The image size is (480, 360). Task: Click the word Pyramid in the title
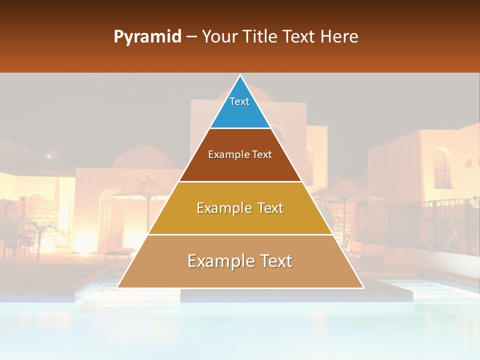pos(147,37)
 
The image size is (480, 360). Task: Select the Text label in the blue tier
pos(239,101)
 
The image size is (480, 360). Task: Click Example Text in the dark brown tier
pos(240,154)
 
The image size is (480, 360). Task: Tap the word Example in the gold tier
pos(220,208)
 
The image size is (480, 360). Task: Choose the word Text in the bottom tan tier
pos(272,261)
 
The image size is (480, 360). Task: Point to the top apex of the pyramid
pos(240,75)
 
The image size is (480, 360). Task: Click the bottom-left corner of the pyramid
pos(118,287)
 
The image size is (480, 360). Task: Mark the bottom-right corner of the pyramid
pos(363,287)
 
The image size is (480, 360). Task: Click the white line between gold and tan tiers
pos(240,234)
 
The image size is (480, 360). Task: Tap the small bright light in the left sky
pos(48,156)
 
